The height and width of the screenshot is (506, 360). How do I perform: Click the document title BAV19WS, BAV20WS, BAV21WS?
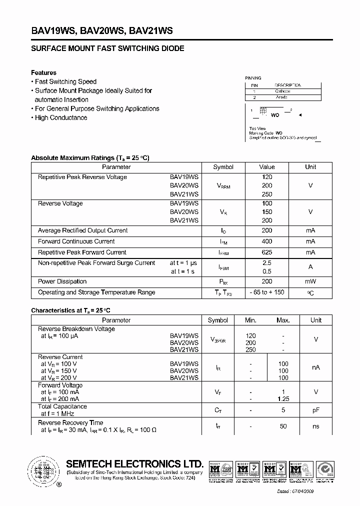pos(102,30)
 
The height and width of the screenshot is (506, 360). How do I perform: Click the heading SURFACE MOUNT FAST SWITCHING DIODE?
pos(107,48)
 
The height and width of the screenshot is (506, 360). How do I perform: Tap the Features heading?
pos(43,72)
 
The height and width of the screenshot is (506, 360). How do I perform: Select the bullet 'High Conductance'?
pos(60,117)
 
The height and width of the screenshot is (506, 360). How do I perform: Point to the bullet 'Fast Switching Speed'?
pos(65,81)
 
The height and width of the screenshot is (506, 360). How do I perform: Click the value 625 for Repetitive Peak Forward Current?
pos(267,252)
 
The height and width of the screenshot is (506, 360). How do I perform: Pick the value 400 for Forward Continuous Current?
pos(267,241)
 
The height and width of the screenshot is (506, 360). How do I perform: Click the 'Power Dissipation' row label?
pos(62,281)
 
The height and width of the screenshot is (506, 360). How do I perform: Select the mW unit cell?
pos(310,281)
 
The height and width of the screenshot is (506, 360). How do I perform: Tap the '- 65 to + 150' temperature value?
pos(267,292)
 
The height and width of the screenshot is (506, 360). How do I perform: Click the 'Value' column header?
pos(267,167)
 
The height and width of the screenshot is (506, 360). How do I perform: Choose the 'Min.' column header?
pos(250,320)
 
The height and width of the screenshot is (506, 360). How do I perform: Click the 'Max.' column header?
pos(283,320)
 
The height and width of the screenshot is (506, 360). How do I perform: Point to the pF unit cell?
pos(316,410)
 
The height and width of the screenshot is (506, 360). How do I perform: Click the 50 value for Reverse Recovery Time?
pos(283,426)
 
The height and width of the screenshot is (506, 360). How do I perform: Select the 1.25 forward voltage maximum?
pos(283,399)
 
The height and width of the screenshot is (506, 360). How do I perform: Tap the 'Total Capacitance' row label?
pos(62,407)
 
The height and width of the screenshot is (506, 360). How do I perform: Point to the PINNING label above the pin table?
pos(253,78)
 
